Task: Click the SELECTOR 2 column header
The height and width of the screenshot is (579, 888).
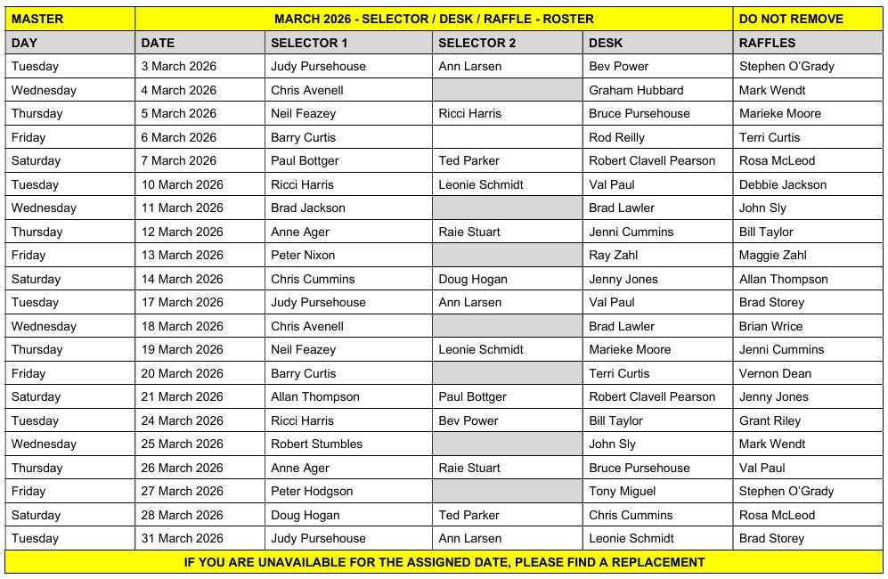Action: [x=477, y=43]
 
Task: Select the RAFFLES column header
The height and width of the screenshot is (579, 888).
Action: [x=767, y=43]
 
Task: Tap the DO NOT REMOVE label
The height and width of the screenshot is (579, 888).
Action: [x=791, y=19]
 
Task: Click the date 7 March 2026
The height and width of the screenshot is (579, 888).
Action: [x=178, y=160]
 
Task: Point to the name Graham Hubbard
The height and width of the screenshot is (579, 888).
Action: [x=636, y=90]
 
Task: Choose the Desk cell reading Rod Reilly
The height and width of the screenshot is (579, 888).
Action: [x=616, y=137]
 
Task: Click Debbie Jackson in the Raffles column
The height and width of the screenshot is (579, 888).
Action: [x=782, y=184]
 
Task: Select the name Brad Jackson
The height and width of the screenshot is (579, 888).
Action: [x=307, y=208]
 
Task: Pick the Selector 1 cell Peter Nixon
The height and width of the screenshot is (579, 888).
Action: [x=303, y=255]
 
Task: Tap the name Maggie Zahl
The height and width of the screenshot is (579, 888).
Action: [x=772, y=255]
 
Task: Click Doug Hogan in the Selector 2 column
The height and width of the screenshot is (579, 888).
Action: [x=473, y=279]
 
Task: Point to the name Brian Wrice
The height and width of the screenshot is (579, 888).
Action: [x=770, y=326]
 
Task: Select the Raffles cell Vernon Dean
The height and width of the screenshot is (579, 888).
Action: [x=775, y=373]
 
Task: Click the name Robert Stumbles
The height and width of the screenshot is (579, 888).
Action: [x=316, y=444]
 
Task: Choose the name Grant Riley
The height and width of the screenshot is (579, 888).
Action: [x=770, y=420]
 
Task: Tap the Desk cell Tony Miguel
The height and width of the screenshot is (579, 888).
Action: [x=622, y=491]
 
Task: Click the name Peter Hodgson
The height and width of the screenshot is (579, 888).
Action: [x=312, y=491]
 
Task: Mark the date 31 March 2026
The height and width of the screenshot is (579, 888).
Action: [x=182, y=538]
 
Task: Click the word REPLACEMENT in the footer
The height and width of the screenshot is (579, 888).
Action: [x=654, y=562]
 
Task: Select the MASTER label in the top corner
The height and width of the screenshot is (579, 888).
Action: [x=37, y=19]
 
